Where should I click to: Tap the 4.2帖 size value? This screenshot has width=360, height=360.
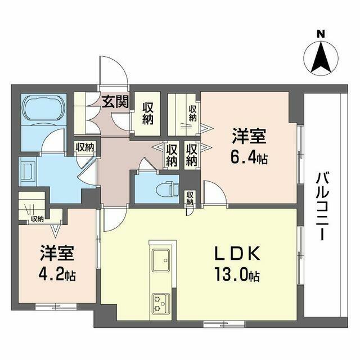pyautogui.click(x=57, y=276)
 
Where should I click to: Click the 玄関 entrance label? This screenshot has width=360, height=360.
pyautogui.click(x=115, y=102)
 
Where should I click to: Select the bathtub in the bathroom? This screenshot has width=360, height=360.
pyautogui.click(x=44, y=111)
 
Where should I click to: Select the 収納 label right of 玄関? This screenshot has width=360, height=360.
pyautogui.click(x=148, y=114)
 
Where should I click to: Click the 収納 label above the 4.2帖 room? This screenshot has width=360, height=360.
pyautogui.click(x=38, y=219)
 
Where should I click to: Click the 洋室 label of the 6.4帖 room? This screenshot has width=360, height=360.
pyautogui.click(x=247, y=136)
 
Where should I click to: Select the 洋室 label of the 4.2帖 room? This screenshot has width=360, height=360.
pyautogui.click(x=57, y=253)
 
